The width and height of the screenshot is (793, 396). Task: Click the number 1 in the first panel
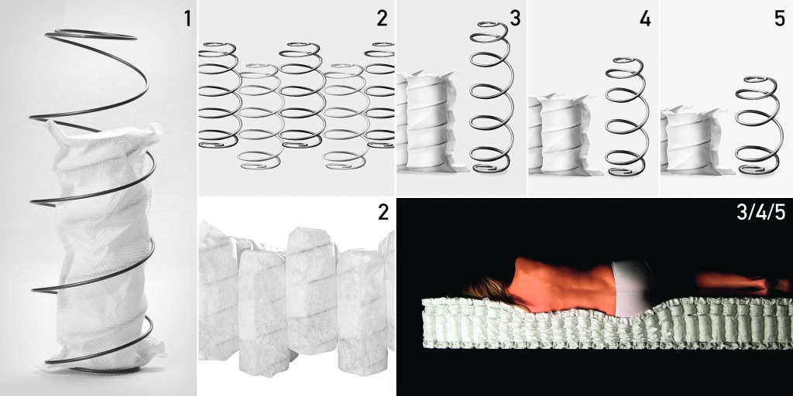tap(187, 19)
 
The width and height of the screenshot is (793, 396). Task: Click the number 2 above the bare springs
tap(382, 19)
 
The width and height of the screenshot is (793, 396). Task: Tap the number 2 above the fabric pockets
tap(383, 213)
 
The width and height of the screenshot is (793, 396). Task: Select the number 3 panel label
tap(515, 19)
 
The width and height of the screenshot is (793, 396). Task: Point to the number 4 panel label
tap(645, 19)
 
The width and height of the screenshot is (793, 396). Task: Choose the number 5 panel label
tap(779, 19)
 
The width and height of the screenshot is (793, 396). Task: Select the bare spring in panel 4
tap(627, 118)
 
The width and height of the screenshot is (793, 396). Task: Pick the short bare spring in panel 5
tap(757, 126)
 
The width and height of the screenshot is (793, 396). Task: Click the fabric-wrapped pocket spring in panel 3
tap(427, 121)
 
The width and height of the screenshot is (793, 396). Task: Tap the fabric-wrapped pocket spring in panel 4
tap(562, 135)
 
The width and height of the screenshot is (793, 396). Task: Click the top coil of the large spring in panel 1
tap(91, 36)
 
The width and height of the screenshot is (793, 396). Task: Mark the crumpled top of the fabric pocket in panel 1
tap(104, 136)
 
